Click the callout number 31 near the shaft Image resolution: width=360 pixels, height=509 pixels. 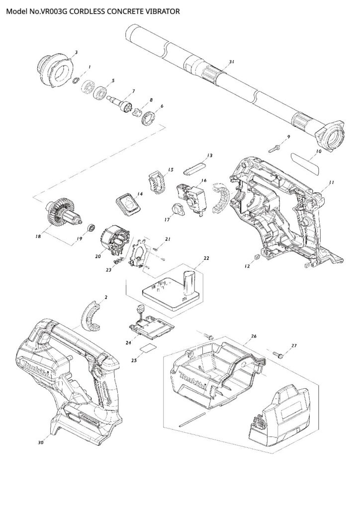(x=231, y=61)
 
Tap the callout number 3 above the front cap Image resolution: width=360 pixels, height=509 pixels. (x=76, y=52)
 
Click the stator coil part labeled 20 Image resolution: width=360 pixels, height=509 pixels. (x=115, y=240)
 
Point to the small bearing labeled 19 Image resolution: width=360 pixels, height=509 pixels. (x=91, y=228)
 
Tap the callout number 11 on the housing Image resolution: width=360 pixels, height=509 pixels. (x=332, y=182)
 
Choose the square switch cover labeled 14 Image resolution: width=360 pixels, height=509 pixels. (x=128, y=203)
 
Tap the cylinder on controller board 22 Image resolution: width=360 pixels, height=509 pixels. (x=190, y=285)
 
